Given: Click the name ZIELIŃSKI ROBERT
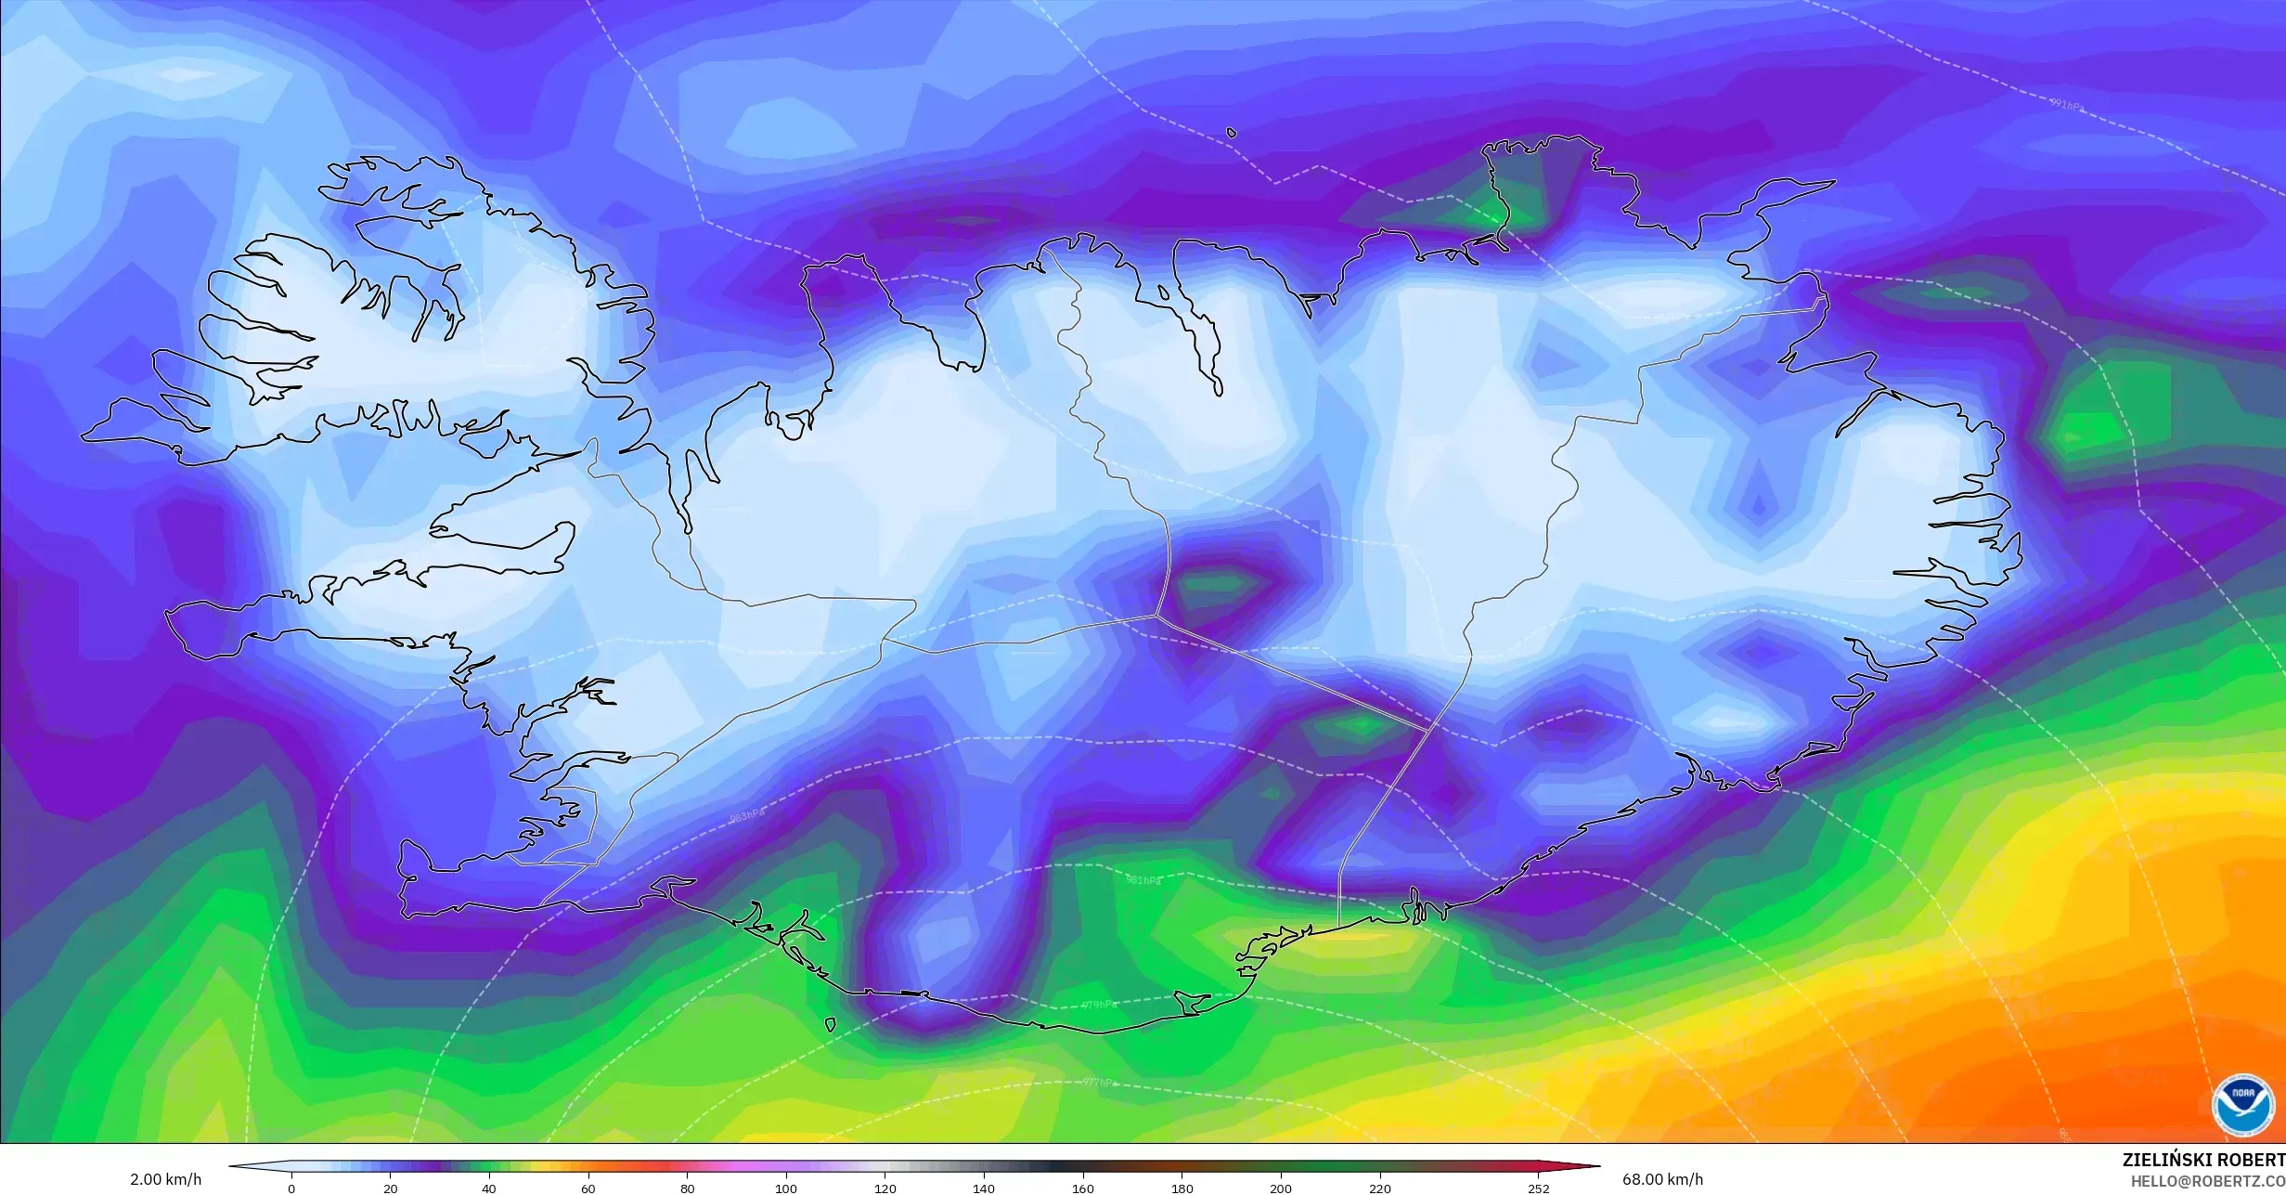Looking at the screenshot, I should point(2203,1161).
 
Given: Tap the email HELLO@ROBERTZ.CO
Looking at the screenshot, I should point(2207,1181).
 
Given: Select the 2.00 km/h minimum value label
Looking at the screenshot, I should point(165,1180).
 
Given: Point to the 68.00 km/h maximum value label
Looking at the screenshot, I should point(1662,1180).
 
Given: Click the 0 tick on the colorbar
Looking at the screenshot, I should point(291,1189).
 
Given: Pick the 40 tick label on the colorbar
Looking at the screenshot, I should point(489,1189).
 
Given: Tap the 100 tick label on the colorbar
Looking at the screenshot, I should point(786,1189).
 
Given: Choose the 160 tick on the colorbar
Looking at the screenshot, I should point(1083,1189).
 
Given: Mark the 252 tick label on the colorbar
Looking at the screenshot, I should point(1538,1189).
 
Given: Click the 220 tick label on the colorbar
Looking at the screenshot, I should point(1380,1189).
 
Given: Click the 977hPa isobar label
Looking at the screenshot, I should point(1099,1082).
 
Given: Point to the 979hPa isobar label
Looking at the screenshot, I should point(1099,1005).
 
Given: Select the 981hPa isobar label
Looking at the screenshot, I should point(1143,880).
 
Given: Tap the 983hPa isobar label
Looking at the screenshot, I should point(747,816).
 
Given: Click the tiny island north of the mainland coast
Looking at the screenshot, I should point(1232,133).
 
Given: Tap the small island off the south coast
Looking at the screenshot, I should point(829,1025).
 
